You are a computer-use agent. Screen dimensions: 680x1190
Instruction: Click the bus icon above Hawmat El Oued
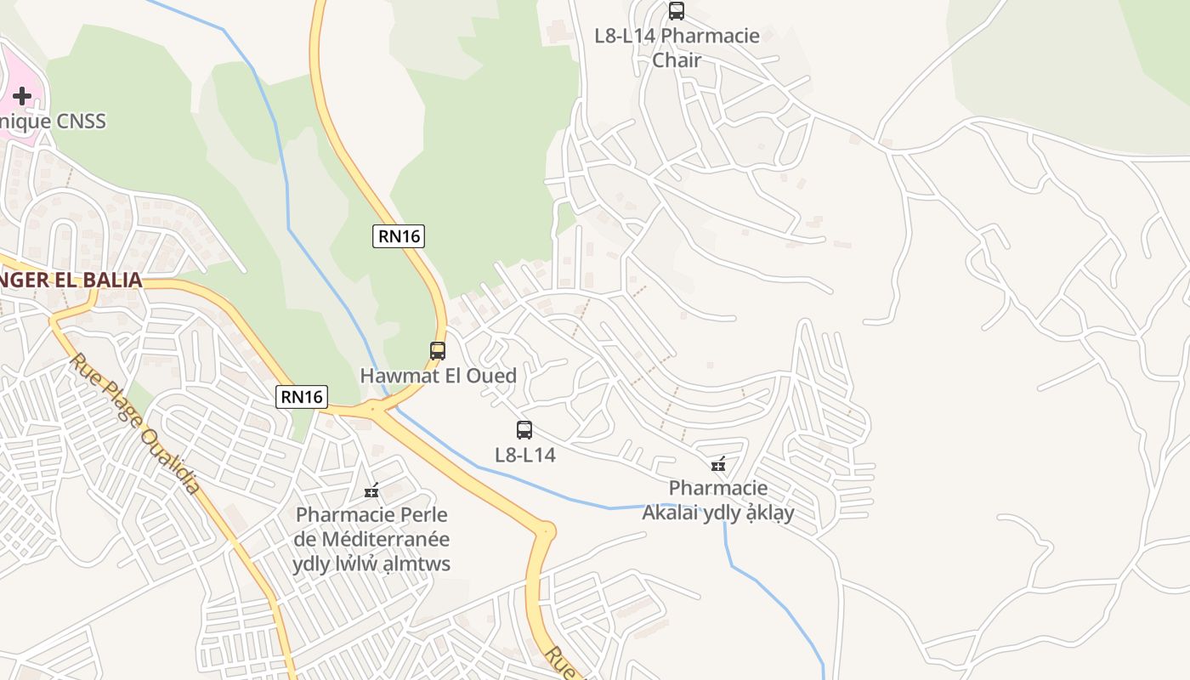[x=438, y=350]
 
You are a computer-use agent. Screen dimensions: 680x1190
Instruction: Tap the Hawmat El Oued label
[x=438, y=375]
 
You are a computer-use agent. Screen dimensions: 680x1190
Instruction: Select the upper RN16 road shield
[x=399, y=235]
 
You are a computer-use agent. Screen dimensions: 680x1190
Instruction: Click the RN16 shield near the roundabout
[x=302, y=396]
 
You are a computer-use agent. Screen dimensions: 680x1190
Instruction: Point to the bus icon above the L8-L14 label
[x=524, y=430]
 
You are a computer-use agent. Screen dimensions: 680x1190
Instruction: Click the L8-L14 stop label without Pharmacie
[x=525, y=455]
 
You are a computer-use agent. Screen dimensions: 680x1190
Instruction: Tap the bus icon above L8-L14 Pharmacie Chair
[x=677, y=11]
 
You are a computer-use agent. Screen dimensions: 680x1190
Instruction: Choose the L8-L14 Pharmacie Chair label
[x=677, y=48]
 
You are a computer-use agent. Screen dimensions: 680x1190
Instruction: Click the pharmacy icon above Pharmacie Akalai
[x=719, y=464]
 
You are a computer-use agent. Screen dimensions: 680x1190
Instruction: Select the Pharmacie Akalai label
[x=718, y=501]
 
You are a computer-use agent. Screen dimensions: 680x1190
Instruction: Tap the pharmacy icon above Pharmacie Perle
[x=371, y=490]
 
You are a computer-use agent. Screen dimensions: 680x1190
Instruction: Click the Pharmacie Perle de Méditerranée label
[x=371, y=539]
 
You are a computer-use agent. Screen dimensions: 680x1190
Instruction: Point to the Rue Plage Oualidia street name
[x=136, y=424]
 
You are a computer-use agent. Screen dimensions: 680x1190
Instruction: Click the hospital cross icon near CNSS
[x=22, y=96]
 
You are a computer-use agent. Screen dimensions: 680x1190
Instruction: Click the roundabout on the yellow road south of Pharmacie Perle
[x=545, y=531]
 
